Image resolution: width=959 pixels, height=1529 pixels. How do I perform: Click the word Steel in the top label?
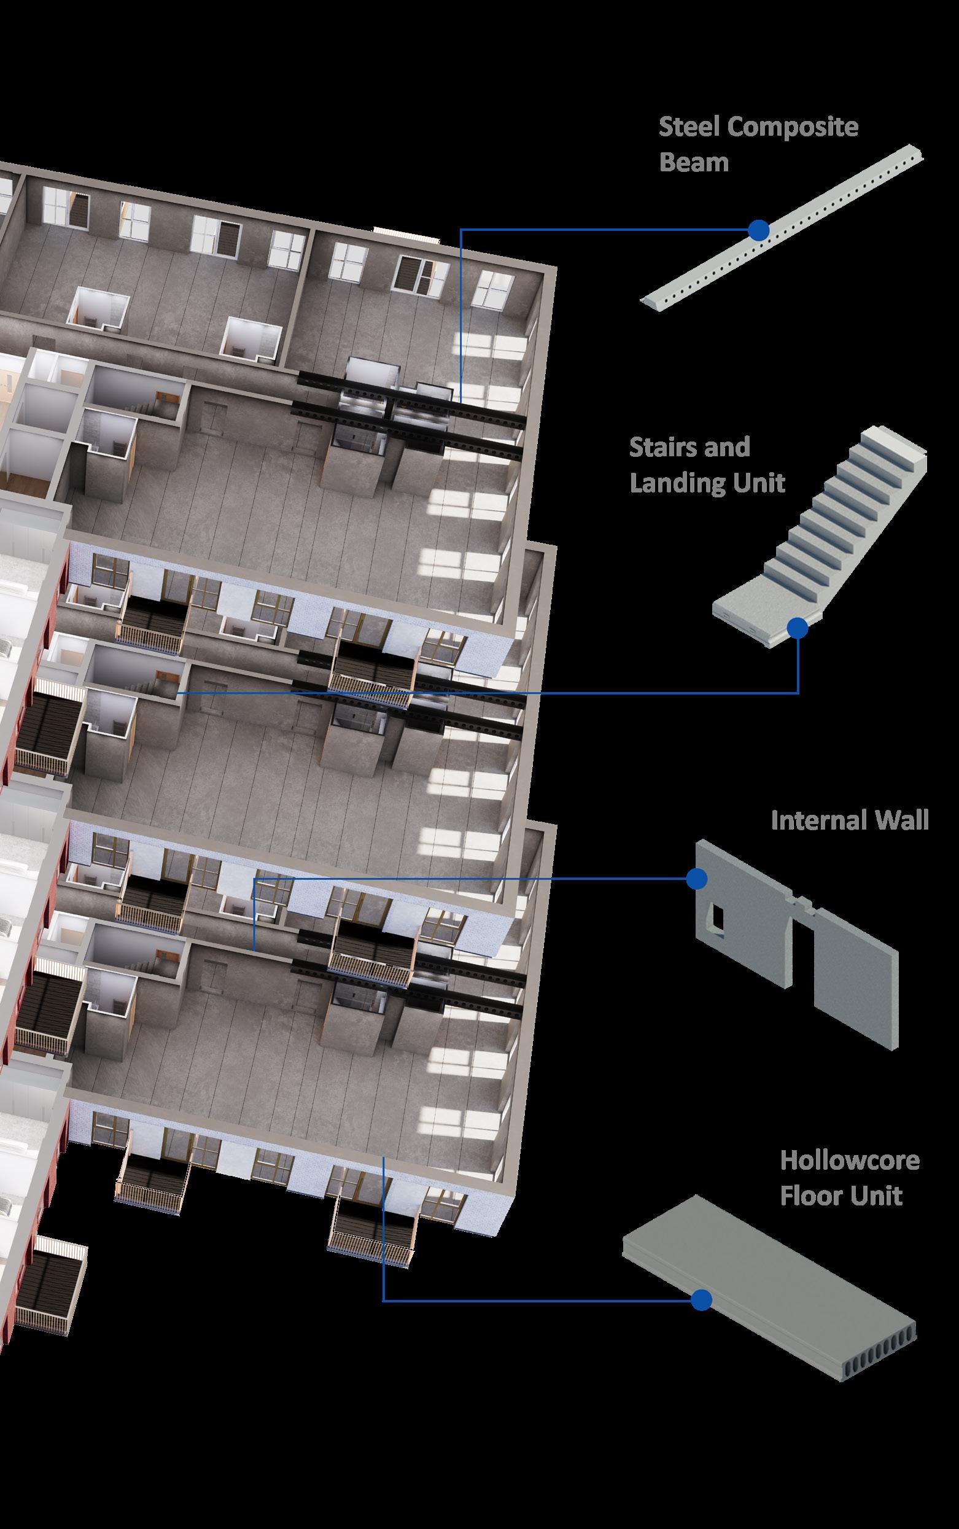click(689, 128)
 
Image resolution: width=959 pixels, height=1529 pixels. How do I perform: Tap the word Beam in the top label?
click(694, 163)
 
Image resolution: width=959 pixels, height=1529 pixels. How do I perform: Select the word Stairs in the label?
click(663, 448)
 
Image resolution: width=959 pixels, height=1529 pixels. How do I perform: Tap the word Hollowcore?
click(849, 1161)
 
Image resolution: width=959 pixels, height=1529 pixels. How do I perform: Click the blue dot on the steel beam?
click(758, 230)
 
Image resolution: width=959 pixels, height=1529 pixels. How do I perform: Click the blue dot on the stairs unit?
click(798, 628)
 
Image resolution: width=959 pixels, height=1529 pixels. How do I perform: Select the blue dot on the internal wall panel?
click(696, 878)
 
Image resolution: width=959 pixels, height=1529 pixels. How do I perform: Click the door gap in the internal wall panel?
click(804, 964)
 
